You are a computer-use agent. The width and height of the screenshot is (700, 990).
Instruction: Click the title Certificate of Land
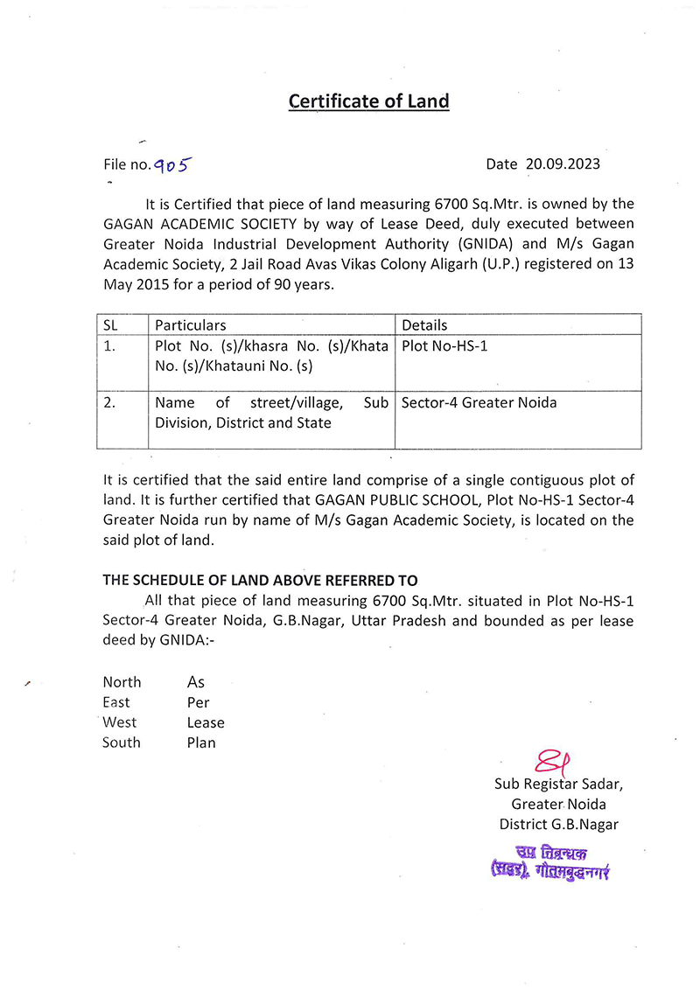(x=368, y=101)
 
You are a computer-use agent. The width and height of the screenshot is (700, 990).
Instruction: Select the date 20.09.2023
(x=563, y=164)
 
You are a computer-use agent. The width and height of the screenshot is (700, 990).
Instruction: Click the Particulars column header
(x=190, y=324)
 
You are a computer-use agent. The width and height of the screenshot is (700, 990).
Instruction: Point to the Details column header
(x=424, y=324)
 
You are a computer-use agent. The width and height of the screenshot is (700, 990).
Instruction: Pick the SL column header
(x=111, y=324)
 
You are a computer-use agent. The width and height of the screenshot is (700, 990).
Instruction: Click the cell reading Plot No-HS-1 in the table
(x=444, y=345)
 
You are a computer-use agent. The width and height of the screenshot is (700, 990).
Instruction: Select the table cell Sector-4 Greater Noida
(x=479, y=402)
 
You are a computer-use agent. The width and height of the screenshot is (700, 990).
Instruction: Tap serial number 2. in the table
(x=110, y=402)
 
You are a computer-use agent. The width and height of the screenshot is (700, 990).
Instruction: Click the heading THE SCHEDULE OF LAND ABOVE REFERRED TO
(x=260, y=580)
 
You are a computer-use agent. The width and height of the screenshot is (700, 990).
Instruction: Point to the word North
(x=122, y=682)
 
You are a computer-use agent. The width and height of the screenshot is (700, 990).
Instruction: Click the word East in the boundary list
(x=115, y=702)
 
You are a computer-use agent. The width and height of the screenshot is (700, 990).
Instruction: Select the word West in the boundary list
(x=120, y=722)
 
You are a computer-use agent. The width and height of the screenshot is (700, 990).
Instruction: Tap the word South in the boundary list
(x=121, y=742)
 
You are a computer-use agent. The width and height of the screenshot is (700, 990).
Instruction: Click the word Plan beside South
(x=201, y=742)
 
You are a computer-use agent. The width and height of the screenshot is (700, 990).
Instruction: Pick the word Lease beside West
(x=206, y=722)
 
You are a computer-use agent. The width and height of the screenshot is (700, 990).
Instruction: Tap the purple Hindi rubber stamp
(x=549, y=862)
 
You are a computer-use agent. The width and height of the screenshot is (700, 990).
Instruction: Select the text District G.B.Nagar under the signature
(x=558, y=824)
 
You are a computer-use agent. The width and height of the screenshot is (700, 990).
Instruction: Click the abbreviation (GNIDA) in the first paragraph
(x=478, y=243)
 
